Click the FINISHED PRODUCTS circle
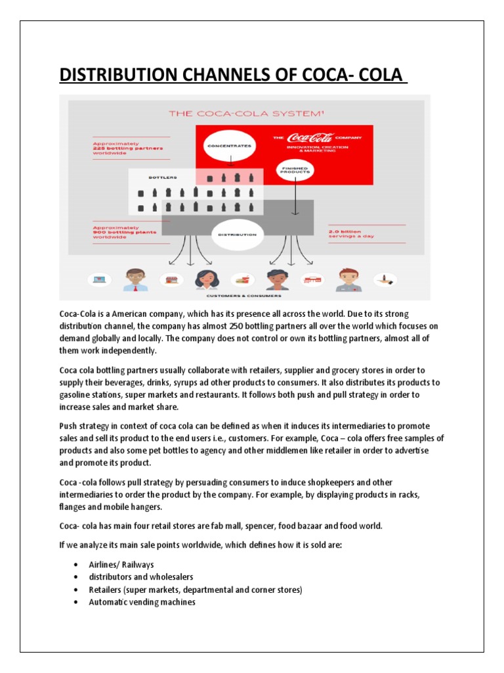tap(295, 170)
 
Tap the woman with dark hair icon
tap(206, 279)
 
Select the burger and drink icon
tap(241, 279)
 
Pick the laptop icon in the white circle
tap(100, 279)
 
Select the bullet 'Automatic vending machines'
tap(142, 601)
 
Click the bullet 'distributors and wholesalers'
tap(140, 576)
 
